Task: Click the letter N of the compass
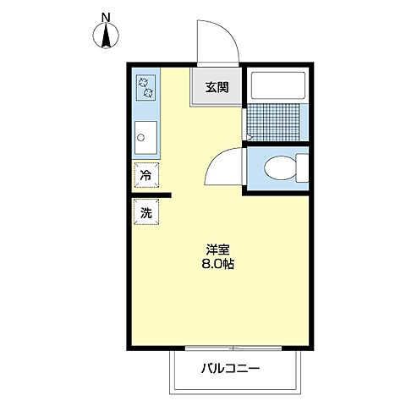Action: [x=106, y=17]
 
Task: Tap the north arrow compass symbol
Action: [x=107, y=36]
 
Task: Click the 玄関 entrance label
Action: [x=217, y=86]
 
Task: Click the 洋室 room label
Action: [x=218, y=250]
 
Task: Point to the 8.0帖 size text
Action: [x=218, y=264]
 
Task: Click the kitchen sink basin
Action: [x=145, y=136]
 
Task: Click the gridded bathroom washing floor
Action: [x=276, y=122]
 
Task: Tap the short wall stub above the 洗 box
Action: [x=152, y=195]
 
